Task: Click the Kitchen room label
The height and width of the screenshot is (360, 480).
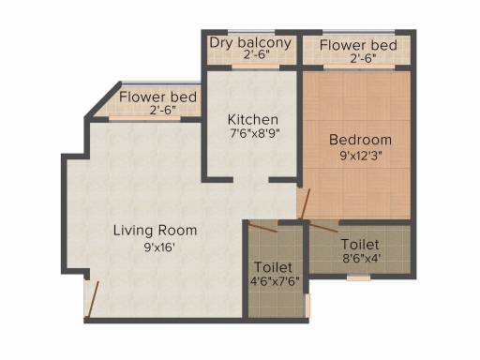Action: pos(253,120)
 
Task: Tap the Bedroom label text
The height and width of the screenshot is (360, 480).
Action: pos(360,140)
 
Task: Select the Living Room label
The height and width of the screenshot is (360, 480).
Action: pos(155,231)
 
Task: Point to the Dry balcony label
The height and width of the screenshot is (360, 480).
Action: pos(250,43)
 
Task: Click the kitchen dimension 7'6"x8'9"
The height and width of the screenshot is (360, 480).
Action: pos(254,133)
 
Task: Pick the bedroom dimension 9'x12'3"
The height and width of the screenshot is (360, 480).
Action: pos(361,156)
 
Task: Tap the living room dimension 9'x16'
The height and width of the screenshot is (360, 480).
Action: pos(159,247)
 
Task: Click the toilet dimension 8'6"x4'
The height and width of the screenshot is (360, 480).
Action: pos(361,259)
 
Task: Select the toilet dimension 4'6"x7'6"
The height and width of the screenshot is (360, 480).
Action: pos(275,280)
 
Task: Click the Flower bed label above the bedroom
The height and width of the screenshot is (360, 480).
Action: pos(358,45)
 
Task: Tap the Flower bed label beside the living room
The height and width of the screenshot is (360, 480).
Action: pos(157,97)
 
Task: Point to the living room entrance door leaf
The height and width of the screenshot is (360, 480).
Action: pos(93,301)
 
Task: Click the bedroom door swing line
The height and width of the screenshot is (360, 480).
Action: pos(305,204)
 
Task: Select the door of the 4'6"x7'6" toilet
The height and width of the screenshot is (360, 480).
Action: pos(262,227)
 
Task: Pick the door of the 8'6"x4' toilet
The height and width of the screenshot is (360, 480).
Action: pos(323,227)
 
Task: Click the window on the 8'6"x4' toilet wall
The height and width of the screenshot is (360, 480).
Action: pos(359,277)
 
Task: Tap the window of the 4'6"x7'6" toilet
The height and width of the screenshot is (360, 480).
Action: pos(307,305)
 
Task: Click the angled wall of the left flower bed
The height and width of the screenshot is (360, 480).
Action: pos(103,99)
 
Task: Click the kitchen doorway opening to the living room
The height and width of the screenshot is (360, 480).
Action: pos(251,180)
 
